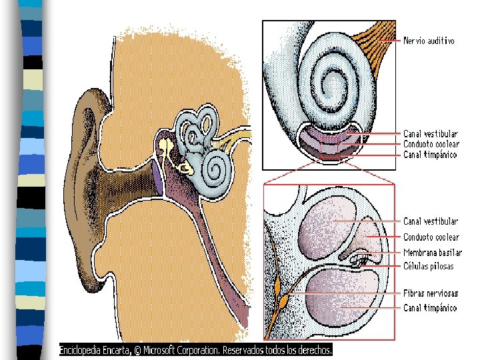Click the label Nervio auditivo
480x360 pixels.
tap(429, 41)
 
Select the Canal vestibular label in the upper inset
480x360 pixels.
tap(431, 134)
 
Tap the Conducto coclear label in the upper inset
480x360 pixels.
tap(431, 144)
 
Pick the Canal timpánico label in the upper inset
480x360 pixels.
tap(430, 155)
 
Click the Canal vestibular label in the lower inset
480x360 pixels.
tap(431, 221)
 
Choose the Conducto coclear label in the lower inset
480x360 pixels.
tap(431, 237)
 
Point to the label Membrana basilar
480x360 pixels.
tap(433, 253)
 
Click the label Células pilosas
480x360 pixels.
tap(429, 266)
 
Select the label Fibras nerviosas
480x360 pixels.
tap(431, 293)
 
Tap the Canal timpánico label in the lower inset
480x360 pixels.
tap(430, 308)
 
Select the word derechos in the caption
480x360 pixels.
tap(312, 349)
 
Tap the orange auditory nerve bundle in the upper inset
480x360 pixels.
tap(377, 43)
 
